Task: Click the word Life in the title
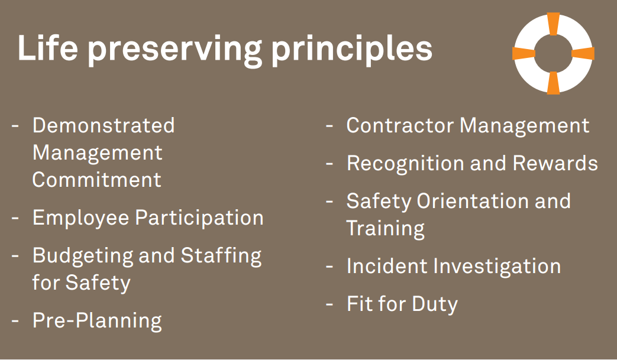tap(47, 47)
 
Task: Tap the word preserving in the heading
tap(175, 51)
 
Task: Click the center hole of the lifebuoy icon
tap(553, 53)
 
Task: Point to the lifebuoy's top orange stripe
tap(553, 24)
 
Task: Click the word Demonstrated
tap(104, 126)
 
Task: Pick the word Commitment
tap(97, 180)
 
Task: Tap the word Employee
tap(81, 219)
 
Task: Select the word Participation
tap(199, 219)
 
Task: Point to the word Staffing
tap(221, 257)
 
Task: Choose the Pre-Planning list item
tap(97, 321)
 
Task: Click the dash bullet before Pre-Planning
tap(15, 321)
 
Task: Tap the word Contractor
tap(400, 126)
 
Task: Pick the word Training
tap(386, 229)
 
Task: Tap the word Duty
tap(435, 304)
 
